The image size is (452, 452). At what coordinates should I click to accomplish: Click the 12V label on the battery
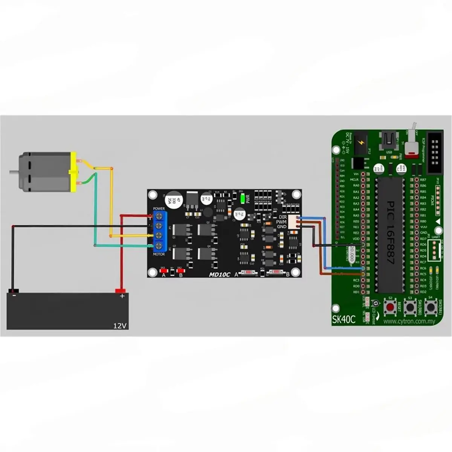coord(120,325)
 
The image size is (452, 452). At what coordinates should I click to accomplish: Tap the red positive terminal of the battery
coord(121,291)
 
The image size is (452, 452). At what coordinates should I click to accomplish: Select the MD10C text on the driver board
coord(219,275)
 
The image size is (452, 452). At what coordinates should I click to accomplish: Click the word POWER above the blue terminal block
coord(159,208)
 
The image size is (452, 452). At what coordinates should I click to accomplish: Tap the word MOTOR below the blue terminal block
coord(159,254)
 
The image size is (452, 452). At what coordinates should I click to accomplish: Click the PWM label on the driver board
coord(281,222)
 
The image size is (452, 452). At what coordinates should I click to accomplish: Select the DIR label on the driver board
coord(282,217)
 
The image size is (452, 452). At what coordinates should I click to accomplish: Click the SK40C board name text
coord(344,320)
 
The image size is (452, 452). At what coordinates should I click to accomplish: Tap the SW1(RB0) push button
coord(410,308)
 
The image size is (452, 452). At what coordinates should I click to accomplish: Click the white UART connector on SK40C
coord(435,249)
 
